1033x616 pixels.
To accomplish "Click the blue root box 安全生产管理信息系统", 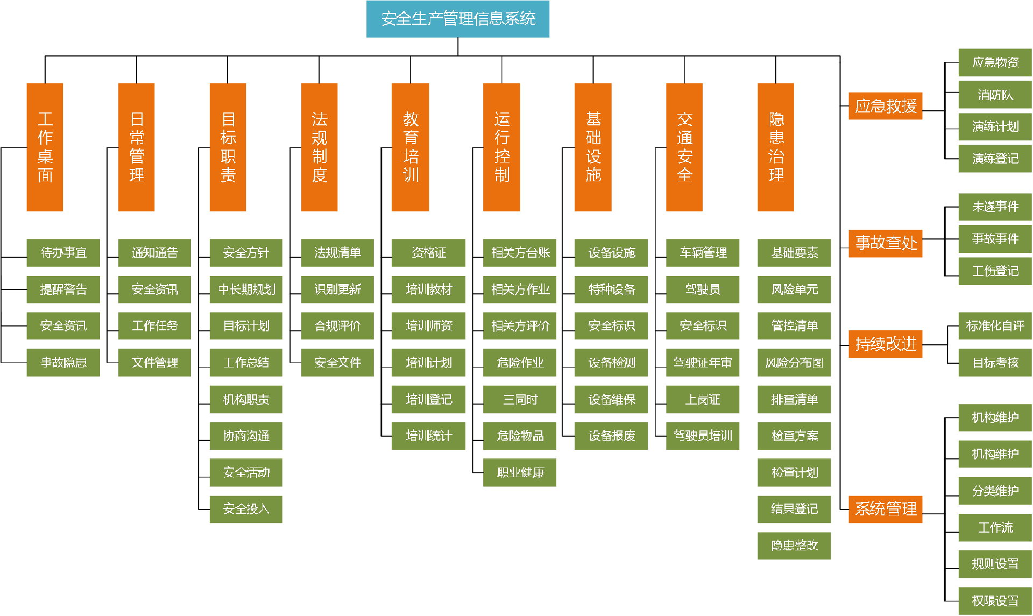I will pyautogui.click(x=457, y=19).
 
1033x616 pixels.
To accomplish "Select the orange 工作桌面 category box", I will pyautogui.click(x=45, y=147).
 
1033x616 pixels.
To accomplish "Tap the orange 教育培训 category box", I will pyautogui.click(x=410, y=147).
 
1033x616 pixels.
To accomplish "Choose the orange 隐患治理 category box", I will pyautogui.click(x=775, y=147).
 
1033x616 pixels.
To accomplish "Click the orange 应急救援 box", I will pyautogui.click(x=885, y=106).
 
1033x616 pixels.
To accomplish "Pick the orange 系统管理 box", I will pyautogui.click(x=885, y=509).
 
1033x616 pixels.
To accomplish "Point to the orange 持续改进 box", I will pyautogui.click(x=885, y=344).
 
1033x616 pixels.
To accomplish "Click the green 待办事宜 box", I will pyautogui.click(x=63, y=253).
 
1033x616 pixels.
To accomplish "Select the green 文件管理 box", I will pyautogui.click(x=154, y=363).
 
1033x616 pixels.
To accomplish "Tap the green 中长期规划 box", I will pyautogui.click(x=246, y=289).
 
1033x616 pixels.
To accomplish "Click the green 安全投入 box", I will pyautogui.click(x=246, y=509).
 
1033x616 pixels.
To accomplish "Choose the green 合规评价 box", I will pyautogui.click(x=337, y=326).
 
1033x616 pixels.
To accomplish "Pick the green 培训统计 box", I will pyautogui.click(x=428, y=436).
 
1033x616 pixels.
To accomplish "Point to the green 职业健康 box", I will pyautogui.click(x=520, y=472).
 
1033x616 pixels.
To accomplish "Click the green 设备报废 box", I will pyautogui.click(x=611, y=436).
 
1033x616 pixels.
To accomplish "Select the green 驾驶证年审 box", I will pyautogui.click(x=703, y=363).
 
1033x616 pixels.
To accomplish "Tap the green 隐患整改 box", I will pyautogui.click(x=794, y=546).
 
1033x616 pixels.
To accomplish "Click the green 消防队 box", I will pyautogui.click(x=995, y=95).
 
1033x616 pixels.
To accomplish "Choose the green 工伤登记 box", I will pyautogui.click(x=995, y=271).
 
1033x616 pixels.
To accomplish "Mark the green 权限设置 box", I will pyautogui.click(x=995, y=601).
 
